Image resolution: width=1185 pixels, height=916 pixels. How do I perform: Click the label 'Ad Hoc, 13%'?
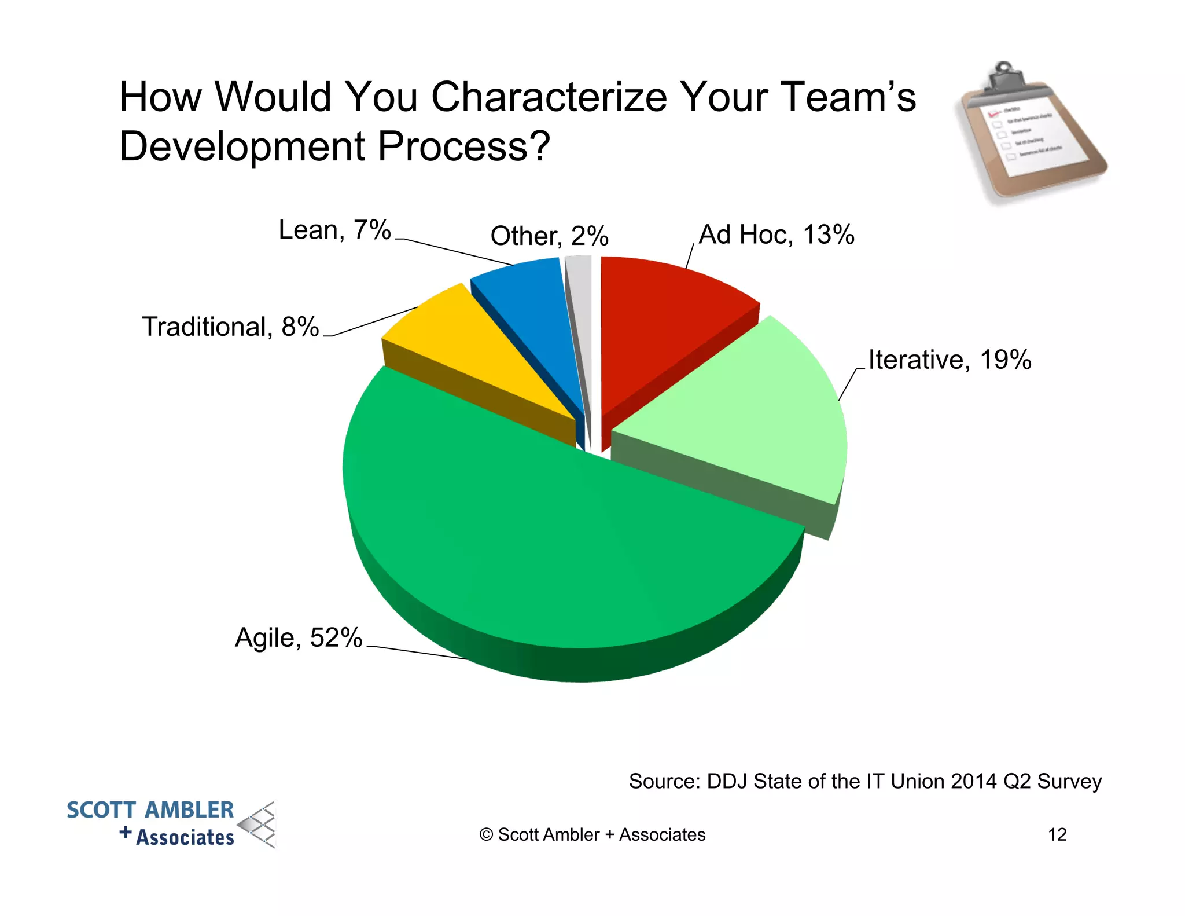(x=776, y=235)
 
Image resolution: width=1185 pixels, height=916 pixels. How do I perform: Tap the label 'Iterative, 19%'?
(x=950, y=360)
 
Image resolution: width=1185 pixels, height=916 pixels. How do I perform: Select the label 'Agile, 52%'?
(x=299, y=637)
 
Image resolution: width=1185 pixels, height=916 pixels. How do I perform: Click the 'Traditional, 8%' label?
(x=230, y=327)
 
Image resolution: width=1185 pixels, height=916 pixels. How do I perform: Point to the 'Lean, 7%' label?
(x=334, y=230)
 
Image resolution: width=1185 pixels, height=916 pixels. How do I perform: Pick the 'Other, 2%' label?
(x=549, y=236)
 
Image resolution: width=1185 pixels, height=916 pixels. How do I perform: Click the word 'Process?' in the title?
(x=463, y=146)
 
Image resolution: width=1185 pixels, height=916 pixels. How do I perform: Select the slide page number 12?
(x=1057, y=834)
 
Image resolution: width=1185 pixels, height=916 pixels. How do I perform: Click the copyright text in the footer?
(x=592, y=834)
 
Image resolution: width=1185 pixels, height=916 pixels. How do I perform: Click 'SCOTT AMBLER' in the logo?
(x=150, y=809)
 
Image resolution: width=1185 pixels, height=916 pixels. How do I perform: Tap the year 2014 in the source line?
(x=974, y=781)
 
